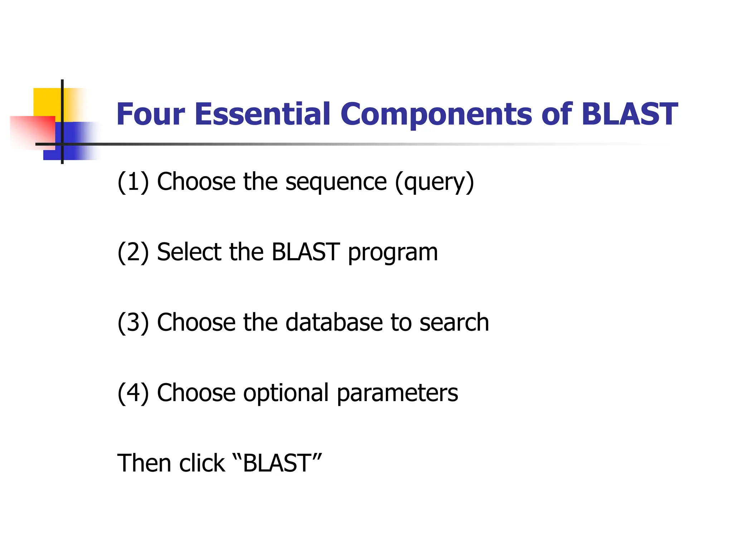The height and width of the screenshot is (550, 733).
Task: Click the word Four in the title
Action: point(151,115)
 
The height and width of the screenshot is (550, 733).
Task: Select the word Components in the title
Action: point(436,115)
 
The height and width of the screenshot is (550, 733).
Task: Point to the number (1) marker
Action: point(133,182)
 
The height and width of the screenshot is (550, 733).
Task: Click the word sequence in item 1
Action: point(336,182)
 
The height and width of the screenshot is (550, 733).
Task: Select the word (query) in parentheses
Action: point(435,182)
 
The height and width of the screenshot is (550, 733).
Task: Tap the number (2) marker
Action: point(133,252)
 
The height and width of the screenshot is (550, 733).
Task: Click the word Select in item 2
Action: point(189,252)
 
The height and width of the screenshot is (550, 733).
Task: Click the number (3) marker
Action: point(133,322)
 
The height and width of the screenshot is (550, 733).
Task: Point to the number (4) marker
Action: point(133,393)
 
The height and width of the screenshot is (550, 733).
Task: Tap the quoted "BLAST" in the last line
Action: point(277,463)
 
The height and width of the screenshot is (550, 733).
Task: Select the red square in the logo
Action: point(32,131)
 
